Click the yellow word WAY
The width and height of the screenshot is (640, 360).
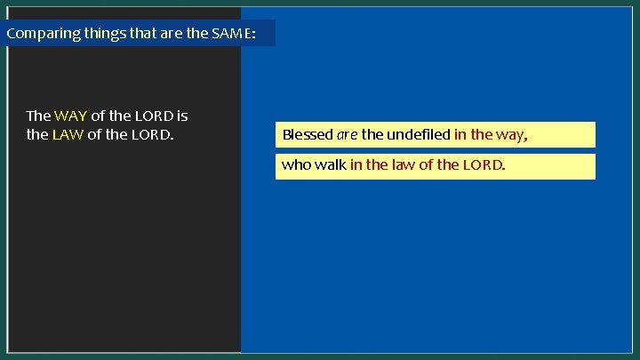click(x=70, y=116)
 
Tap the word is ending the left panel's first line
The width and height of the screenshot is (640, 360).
click(x=181, y=116)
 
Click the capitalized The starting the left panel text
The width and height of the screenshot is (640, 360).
click(x=38, y=116)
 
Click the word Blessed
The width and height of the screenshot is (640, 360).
click(x=307, y=135)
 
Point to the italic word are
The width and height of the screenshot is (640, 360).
click(x=347, y=135)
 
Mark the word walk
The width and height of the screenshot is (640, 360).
click(x=330, y=165)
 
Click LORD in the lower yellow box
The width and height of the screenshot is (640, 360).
click(x=484, y=165)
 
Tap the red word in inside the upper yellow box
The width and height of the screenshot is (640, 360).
click(x=460, y=135)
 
